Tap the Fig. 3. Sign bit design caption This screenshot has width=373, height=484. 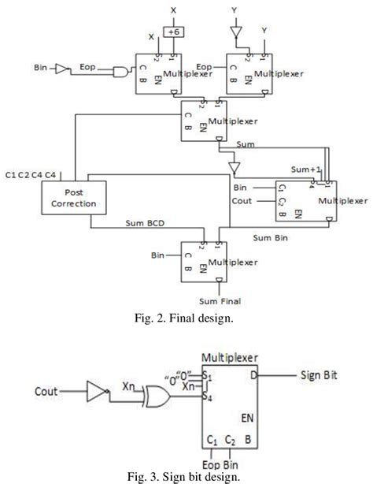tap(186, 476)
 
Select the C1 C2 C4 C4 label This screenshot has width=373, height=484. tap(29, 173)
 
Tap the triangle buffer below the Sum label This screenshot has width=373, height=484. tap(233, 166)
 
